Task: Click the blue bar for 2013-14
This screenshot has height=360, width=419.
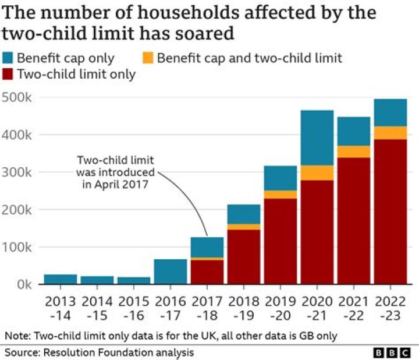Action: point(61,279)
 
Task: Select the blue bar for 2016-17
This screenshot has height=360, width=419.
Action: point(171,271)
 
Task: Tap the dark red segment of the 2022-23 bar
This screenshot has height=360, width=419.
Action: point(390,211)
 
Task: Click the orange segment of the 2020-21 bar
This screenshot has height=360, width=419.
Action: point(317,173)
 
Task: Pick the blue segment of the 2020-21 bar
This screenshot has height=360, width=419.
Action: point(317,137)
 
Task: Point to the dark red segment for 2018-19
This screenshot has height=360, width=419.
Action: point(244,257)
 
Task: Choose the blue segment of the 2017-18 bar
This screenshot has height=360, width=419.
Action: point(207,247)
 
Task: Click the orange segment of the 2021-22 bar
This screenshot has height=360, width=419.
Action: point(354,151)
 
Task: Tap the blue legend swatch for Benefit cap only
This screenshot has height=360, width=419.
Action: point(8,58)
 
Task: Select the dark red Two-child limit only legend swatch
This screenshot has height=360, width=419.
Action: point(8,75)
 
